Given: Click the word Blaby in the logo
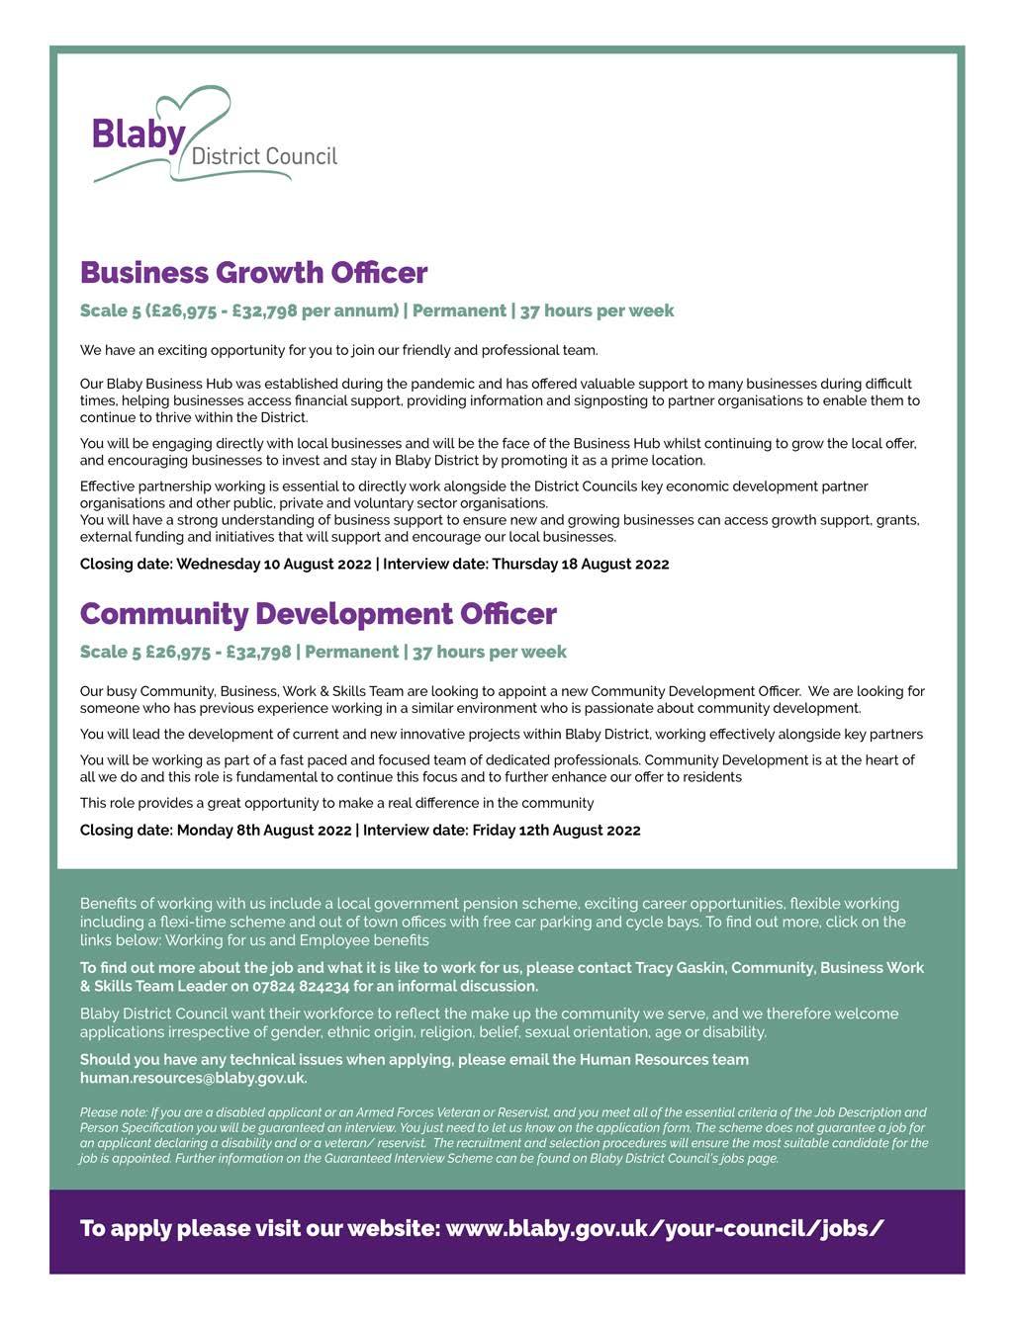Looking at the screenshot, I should click(139, 134).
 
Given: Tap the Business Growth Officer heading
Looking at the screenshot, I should click(253, 272).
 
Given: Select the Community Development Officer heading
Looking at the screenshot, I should click(318, 613).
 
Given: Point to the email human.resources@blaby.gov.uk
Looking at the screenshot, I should click(193, 1078).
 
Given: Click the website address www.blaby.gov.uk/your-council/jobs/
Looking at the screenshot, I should click(665, 1228).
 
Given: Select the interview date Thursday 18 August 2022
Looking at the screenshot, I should click(580, 564).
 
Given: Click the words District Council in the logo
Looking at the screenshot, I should click(263, 156).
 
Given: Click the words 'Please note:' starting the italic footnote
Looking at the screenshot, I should click(111, 1112).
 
